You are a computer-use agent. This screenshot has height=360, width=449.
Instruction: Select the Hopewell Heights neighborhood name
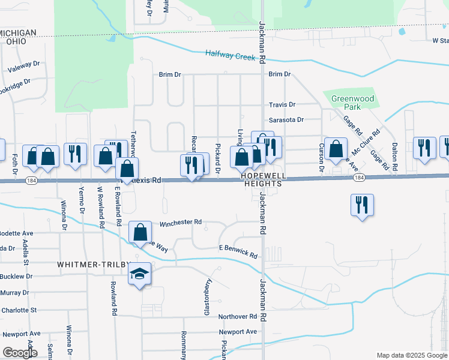pos(262,180)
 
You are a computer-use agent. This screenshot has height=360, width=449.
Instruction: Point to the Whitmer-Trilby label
pos(86,264)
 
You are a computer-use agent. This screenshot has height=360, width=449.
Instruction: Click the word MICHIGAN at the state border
pos(18,32)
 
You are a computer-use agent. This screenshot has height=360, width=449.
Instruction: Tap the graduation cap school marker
pos(139,275)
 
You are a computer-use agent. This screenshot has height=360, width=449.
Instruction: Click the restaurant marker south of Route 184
pos(362,204)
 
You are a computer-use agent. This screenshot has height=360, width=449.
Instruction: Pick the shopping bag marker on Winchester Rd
pos(140,232)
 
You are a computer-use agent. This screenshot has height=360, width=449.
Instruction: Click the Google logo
pos(20,353)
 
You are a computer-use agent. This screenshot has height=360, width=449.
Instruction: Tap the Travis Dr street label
pos(282,104)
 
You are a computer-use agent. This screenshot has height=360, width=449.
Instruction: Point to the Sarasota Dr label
pos(286,119)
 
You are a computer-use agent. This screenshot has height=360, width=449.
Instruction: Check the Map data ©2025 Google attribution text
pos(412,355)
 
